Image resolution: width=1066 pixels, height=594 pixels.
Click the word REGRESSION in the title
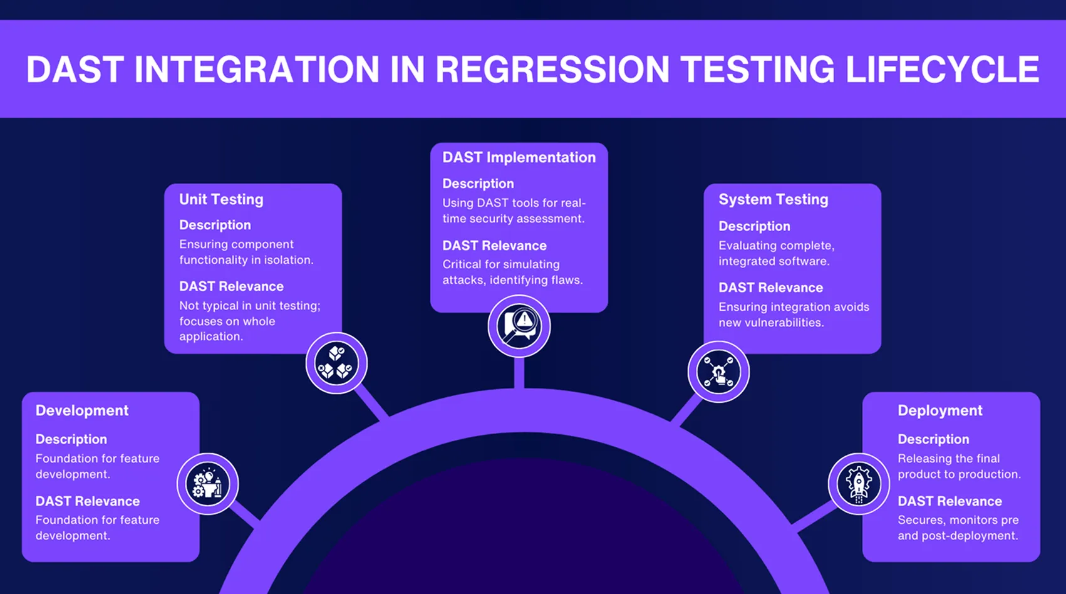[552, 70]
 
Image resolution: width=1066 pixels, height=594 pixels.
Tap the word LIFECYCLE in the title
[942, 70]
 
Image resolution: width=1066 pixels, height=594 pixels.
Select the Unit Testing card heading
[221, 199]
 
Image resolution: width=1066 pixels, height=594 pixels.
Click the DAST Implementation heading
[519, 157]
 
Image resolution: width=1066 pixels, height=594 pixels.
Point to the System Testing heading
[773, 199]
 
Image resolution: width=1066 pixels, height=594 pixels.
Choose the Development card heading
[81, 410]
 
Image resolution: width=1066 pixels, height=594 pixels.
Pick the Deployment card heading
[939, 410]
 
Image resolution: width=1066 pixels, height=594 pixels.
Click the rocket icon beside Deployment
[859, 484]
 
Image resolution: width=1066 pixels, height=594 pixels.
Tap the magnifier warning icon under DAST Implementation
[519, 326]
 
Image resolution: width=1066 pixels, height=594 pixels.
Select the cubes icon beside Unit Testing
[336, 363]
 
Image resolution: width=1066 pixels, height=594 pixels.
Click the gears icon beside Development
[207, 484]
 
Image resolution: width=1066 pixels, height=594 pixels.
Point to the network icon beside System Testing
[718, 372]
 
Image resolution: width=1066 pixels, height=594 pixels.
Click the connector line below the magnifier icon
[519, 373]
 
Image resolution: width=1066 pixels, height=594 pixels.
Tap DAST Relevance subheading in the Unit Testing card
[231, 286]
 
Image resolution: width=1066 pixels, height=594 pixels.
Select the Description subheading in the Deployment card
[933, 439]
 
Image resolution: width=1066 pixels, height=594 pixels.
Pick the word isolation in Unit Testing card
[289, 260]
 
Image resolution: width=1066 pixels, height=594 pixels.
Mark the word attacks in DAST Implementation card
[463, 280]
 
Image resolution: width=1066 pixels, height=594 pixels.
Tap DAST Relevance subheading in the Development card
[87, 501]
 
